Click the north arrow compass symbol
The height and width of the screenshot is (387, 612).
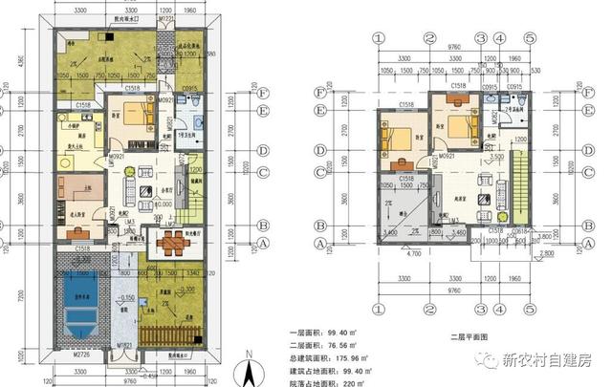click(x=248, y=367)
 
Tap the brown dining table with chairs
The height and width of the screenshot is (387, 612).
click(x=172, y=243)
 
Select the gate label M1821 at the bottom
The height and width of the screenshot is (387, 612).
click(x=124, y=344)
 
